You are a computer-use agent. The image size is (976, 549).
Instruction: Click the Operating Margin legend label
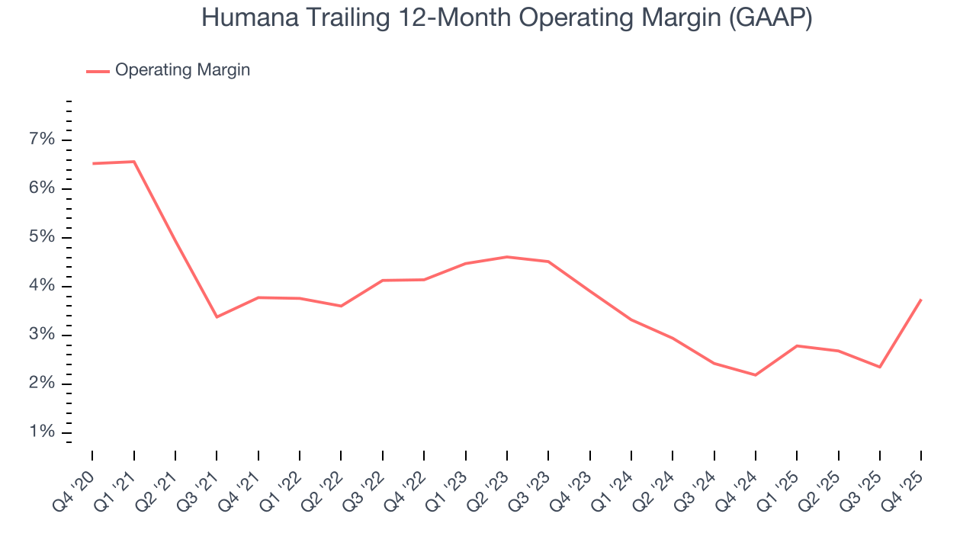[x=182, y=70]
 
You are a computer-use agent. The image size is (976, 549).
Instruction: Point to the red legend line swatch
[x=98, y=71]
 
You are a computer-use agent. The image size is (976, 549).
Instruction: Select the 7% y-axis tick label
[x=42, y=140]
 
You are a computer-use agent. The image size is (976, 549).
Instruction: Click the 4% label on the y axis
[x=42, y=286]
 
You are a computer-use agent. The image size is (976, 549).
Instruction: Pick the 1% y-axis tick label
[x=42, y=432]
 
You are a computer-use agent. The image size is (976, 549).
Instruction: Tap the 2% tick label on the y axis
[x=42, y=384]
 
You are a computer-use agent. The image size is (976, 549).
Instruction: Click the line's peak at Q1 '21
[x=134, y=162]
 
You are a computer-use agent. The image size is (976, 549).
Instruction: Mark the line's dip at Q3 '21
[x=217, y=316]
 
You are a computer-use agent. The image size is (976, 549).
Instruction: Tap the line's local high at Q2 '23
[x=507, y=257]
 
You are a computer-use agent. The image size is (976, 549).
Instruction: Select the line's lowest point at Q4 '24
[x=756, y=375]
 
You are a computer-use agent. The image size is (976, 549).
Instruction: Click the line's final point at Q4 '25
[x=921, y=300]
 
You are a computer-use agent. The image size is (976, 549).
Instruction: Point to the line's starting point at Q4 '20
[x=93, y=163]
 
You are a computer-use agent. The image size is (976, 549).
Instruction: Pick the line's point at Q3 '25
[x=880, y=367]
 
